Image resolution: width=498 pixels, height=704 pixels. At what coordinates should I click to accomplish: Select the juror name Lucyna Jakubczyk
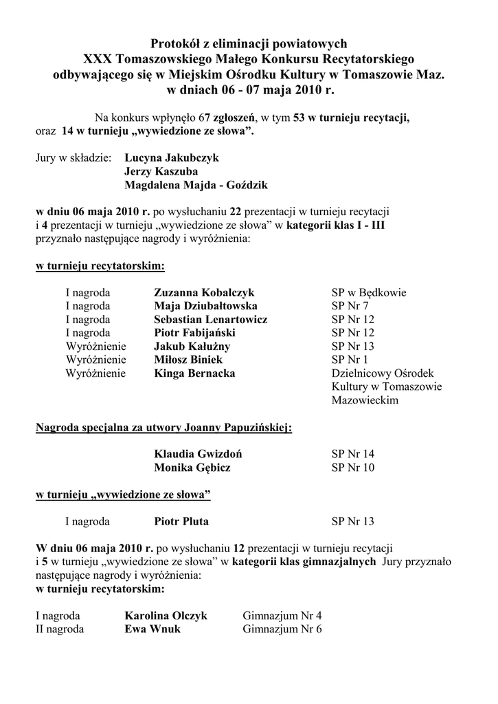172,157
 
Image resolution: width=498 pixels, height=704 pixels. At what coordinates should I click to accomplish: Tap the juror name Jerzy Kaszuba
161,171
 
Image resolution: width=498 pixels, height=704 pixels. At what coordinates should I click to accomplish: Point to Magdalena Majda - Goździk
196,186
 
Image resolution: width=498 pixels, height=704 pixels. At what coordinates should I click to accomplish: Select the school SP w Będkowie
369,293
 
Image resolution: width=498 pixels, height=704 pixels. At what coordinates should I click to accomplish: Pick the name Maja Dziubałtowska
206,306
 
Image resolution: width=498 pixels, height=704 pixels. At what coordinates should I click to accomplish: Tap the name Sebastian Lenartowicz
211,320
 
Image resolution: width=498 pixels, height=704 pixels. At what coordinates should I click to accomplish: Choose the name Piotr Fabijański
194,333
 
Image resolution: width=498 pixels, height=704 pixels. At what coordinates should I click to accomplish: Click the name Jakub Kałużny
192,346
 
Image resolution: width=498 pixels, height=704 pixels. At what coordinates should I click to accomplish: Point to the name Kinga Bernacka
194,373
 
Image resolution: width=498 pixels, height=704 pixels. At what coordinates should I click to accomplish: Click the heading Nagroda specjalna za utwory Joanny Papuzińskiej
163,428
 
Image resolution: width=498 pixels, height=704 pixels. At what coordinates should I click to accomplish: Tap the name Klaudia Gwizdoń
198,454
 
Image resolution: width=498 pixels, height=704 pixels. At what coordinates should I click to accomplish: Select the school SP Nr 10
353,467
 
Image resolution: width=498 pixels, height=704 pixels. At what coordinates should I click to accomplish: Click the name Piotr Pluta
181,521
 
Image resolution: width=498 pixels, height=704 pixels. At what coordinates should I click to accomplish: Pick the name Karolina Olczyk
166,615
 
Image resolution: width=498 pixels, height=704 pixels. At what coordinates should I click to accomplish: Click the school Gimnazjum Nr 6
282,629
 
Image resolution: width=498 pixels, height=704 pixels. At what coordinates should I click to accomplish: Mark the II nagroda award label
60,629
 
